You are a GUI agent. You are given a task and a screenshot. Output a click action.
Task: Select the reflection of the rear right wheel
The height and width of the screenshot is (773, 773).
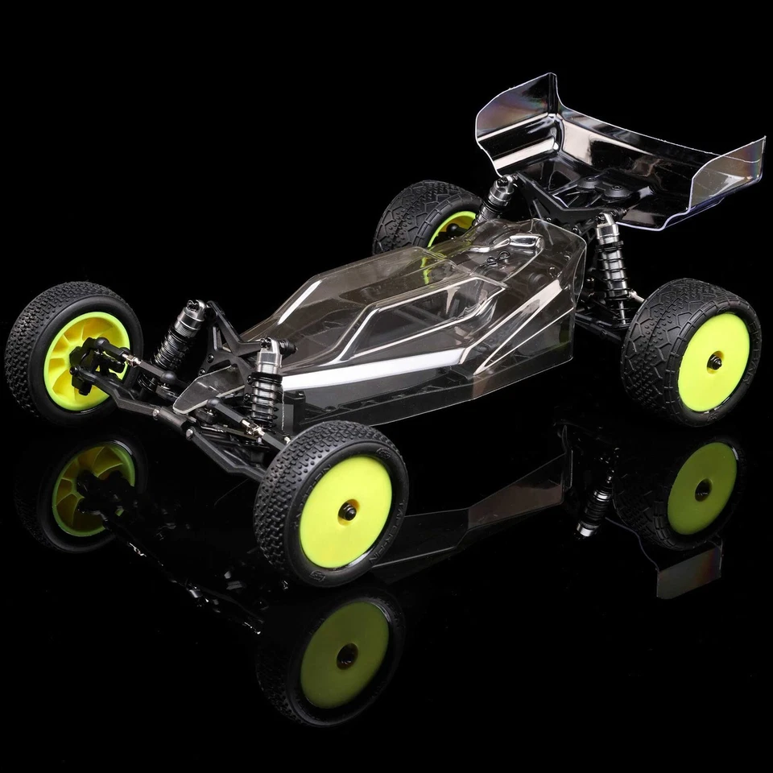pyautogui.click(x=701, y=487)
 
